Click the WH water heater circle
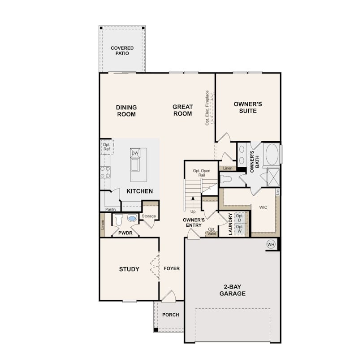pos(271,244)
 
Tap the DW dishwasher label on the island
pos(135,153)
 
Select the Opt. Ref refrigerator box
pos(107,147)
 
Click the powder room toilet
pos(119,220)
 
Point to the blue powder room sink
pos(132,218)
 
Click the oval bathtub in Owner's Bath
pos(272,155)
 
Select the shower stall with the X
pos(273,177)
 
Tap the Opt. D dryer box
pos(240,218)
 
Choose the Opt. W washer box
pos(240,229)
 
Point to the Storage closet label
pos(149,216)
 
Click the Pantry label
pos(111,209)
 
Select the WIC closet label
pos(263,207)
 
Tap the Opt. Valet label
pos(212,231)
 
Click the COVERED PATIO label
pos(122,51)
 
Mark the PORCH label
pos(171,315)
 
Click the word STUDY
pos(129,269)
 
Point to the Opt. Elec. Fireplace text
pos(207,108)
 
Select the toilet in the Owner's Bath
pos(226,179)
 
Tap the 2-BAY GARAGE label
pos(233,290)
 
